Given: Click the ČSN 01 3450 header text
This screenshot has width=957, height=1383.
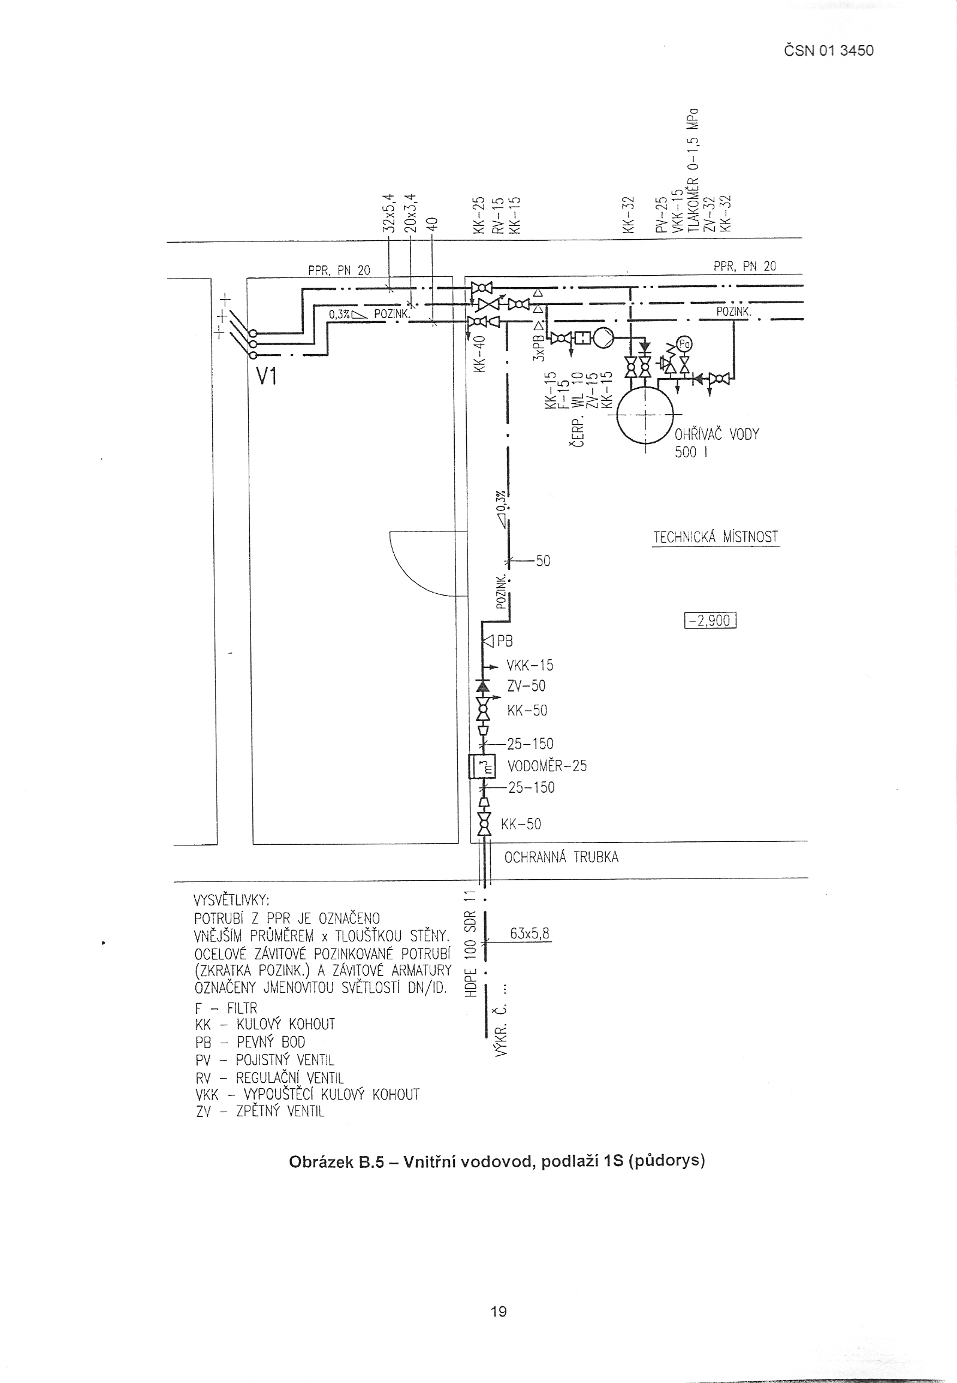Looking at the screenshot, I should click(829, 51).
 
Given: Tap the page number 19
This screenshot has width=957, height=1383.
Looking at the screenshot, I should click(499, 1312).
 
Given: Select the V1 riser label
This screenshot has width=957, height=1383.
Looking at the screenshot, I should click(265, 376).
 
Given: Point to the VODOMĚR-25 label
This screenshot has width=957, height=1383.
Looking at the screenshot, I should click(547, 766).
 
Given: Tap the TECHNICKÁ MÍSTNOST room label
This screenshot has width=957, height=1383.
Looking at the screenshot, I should click(716, 537).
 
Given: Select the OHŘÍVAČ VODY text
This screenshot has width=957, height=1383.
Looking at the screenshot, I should click(717, 434).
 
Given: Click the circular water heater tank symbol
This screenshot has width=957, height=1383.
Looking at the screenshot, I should click(645, 413).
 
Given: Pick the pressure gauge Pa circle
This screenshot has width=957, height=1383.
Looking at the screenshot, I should click(684, 343).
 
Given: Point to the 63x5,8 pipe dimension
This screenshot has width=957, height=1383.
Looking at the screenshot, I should click(530, 934).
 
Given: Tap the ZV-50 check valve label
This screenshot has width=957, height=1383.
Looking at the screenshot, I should click(526, 686).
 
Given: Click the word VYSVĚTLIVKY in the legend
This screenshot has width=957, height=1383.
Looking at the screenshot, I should click(231, 901).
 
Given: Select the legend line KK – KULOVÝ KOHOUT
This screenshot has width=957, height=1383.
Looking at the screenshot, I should click(265, 1024).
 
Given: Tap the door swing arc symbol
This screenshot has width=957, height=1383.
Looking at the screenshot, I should click(419, 566).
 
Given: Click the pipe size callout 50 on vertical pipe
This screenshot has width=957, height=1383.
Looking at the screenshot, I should click(543, 561).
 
